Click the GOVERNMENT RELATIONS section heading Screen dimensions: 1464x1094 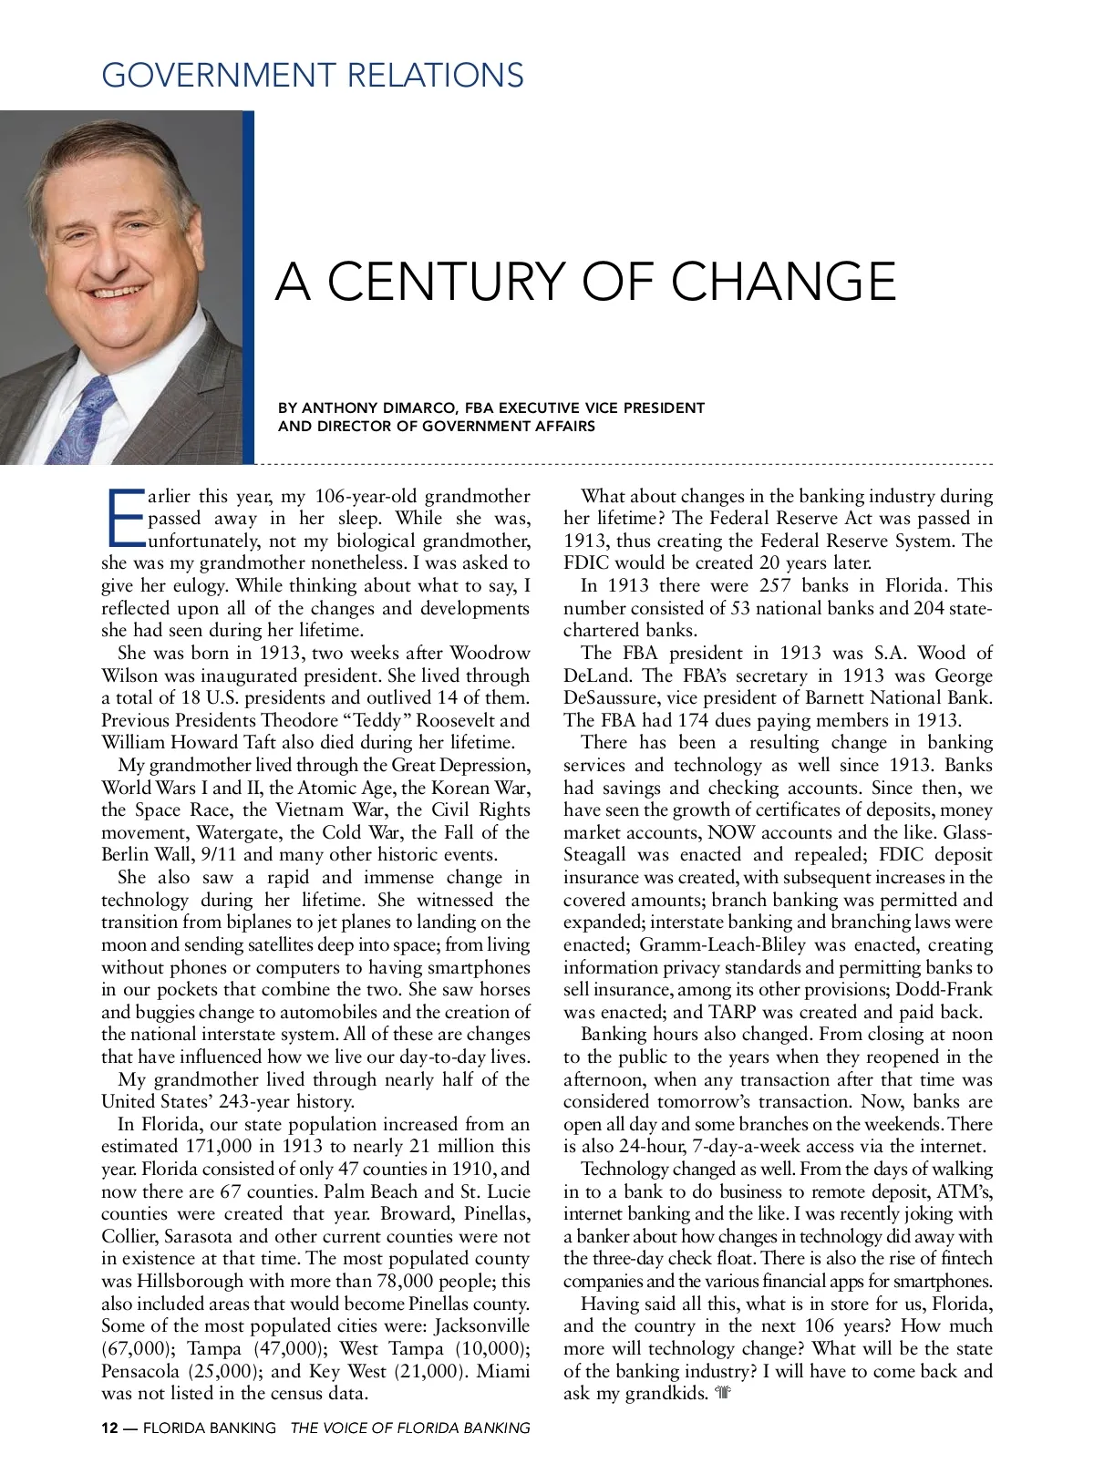click(x=313, y=75)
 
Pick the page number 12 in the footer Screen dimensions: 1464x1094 click(x=109, y=1428)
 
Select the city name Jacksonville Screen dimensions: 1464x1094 click(x=481, y=1325)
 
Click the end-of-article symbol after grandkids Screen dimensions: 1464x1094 click(x=724, y=1393)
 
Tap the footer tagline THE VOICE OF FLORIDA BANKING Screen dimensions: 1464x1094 click(x=410, y=1428)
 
